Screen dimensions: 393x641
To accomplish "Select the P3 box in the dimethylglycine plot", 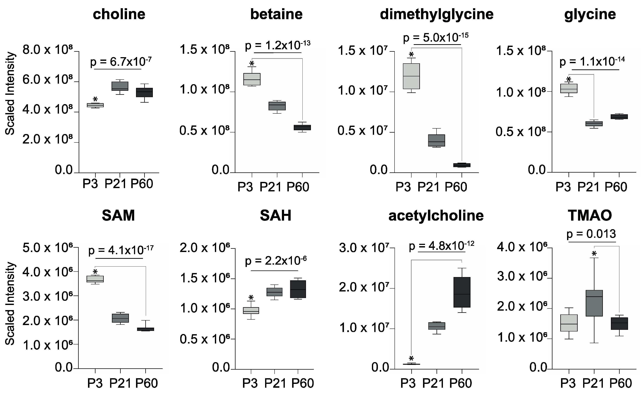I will point(411,76).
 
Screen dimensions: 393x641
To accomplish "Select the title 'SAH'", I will point(275,215).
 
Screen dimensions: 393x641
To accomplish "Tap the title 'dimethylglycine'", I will point(437,14).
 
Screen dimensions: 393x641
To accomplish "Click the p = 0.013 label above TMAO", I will point(591,234).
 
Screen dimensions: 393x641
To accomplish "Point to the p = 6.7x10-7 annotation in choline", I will point(121,62).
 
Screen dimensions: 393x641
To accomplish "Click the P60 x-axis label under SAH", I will point(302,383).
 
